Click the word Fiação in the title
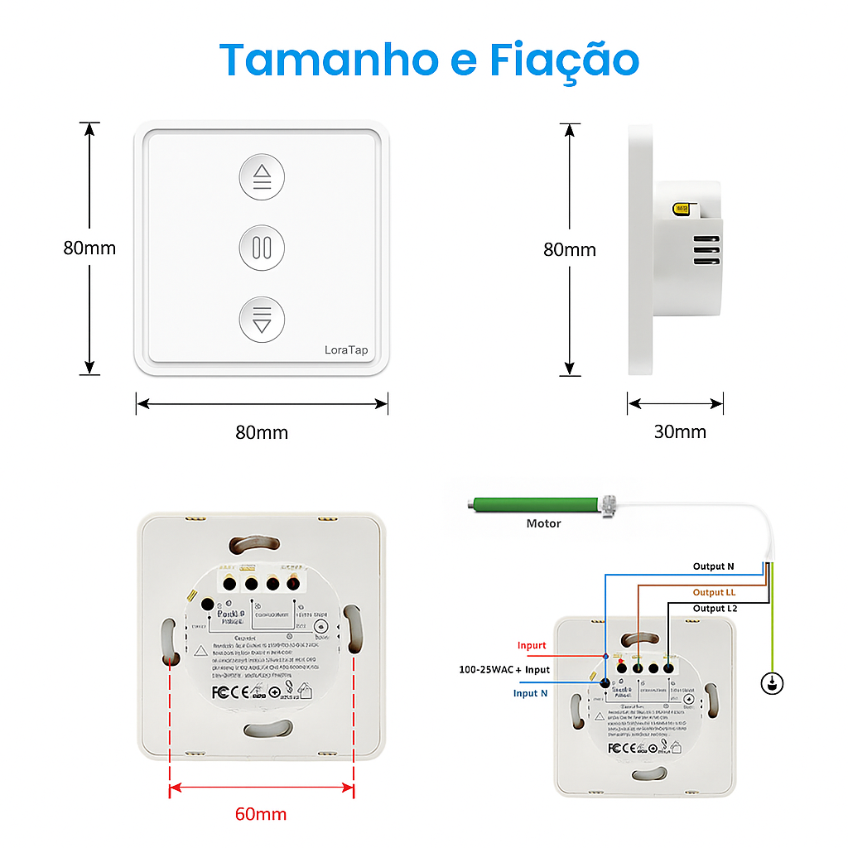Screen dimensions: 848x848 tap(564, 60)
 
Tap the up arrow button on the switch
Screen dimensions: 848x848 tap(262, 176)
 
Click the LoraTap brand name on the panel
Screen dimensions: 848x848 tap(346, 350)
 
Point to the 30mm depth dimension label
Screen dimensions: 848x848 tap(680, 431)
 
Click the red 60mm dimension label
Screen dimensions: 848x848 tap(261, 814)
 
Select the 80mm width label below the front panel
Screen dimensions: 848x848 tap(262, 431)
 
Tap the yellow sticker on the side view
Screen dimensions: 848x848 tap(683, 210)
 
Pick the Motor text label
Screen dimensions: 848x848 tap(543, 523)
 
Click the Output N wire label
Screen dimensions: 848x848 tap(713, 566)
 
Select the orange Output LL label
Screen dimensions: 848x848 tap(714, 592)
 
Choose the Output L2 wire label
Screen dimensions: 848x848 tap(715, 608)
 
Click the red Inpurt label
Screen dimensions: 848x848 tap(532, 645)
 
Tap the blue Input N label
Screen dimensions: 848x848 tap(530, 693)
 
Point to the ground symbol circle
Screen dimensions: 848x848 tap(772, 683)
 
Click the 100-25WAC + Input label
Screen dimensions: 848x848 tap(504, 669)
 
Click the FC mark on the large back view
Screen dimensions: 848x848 tap(219, 691)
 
